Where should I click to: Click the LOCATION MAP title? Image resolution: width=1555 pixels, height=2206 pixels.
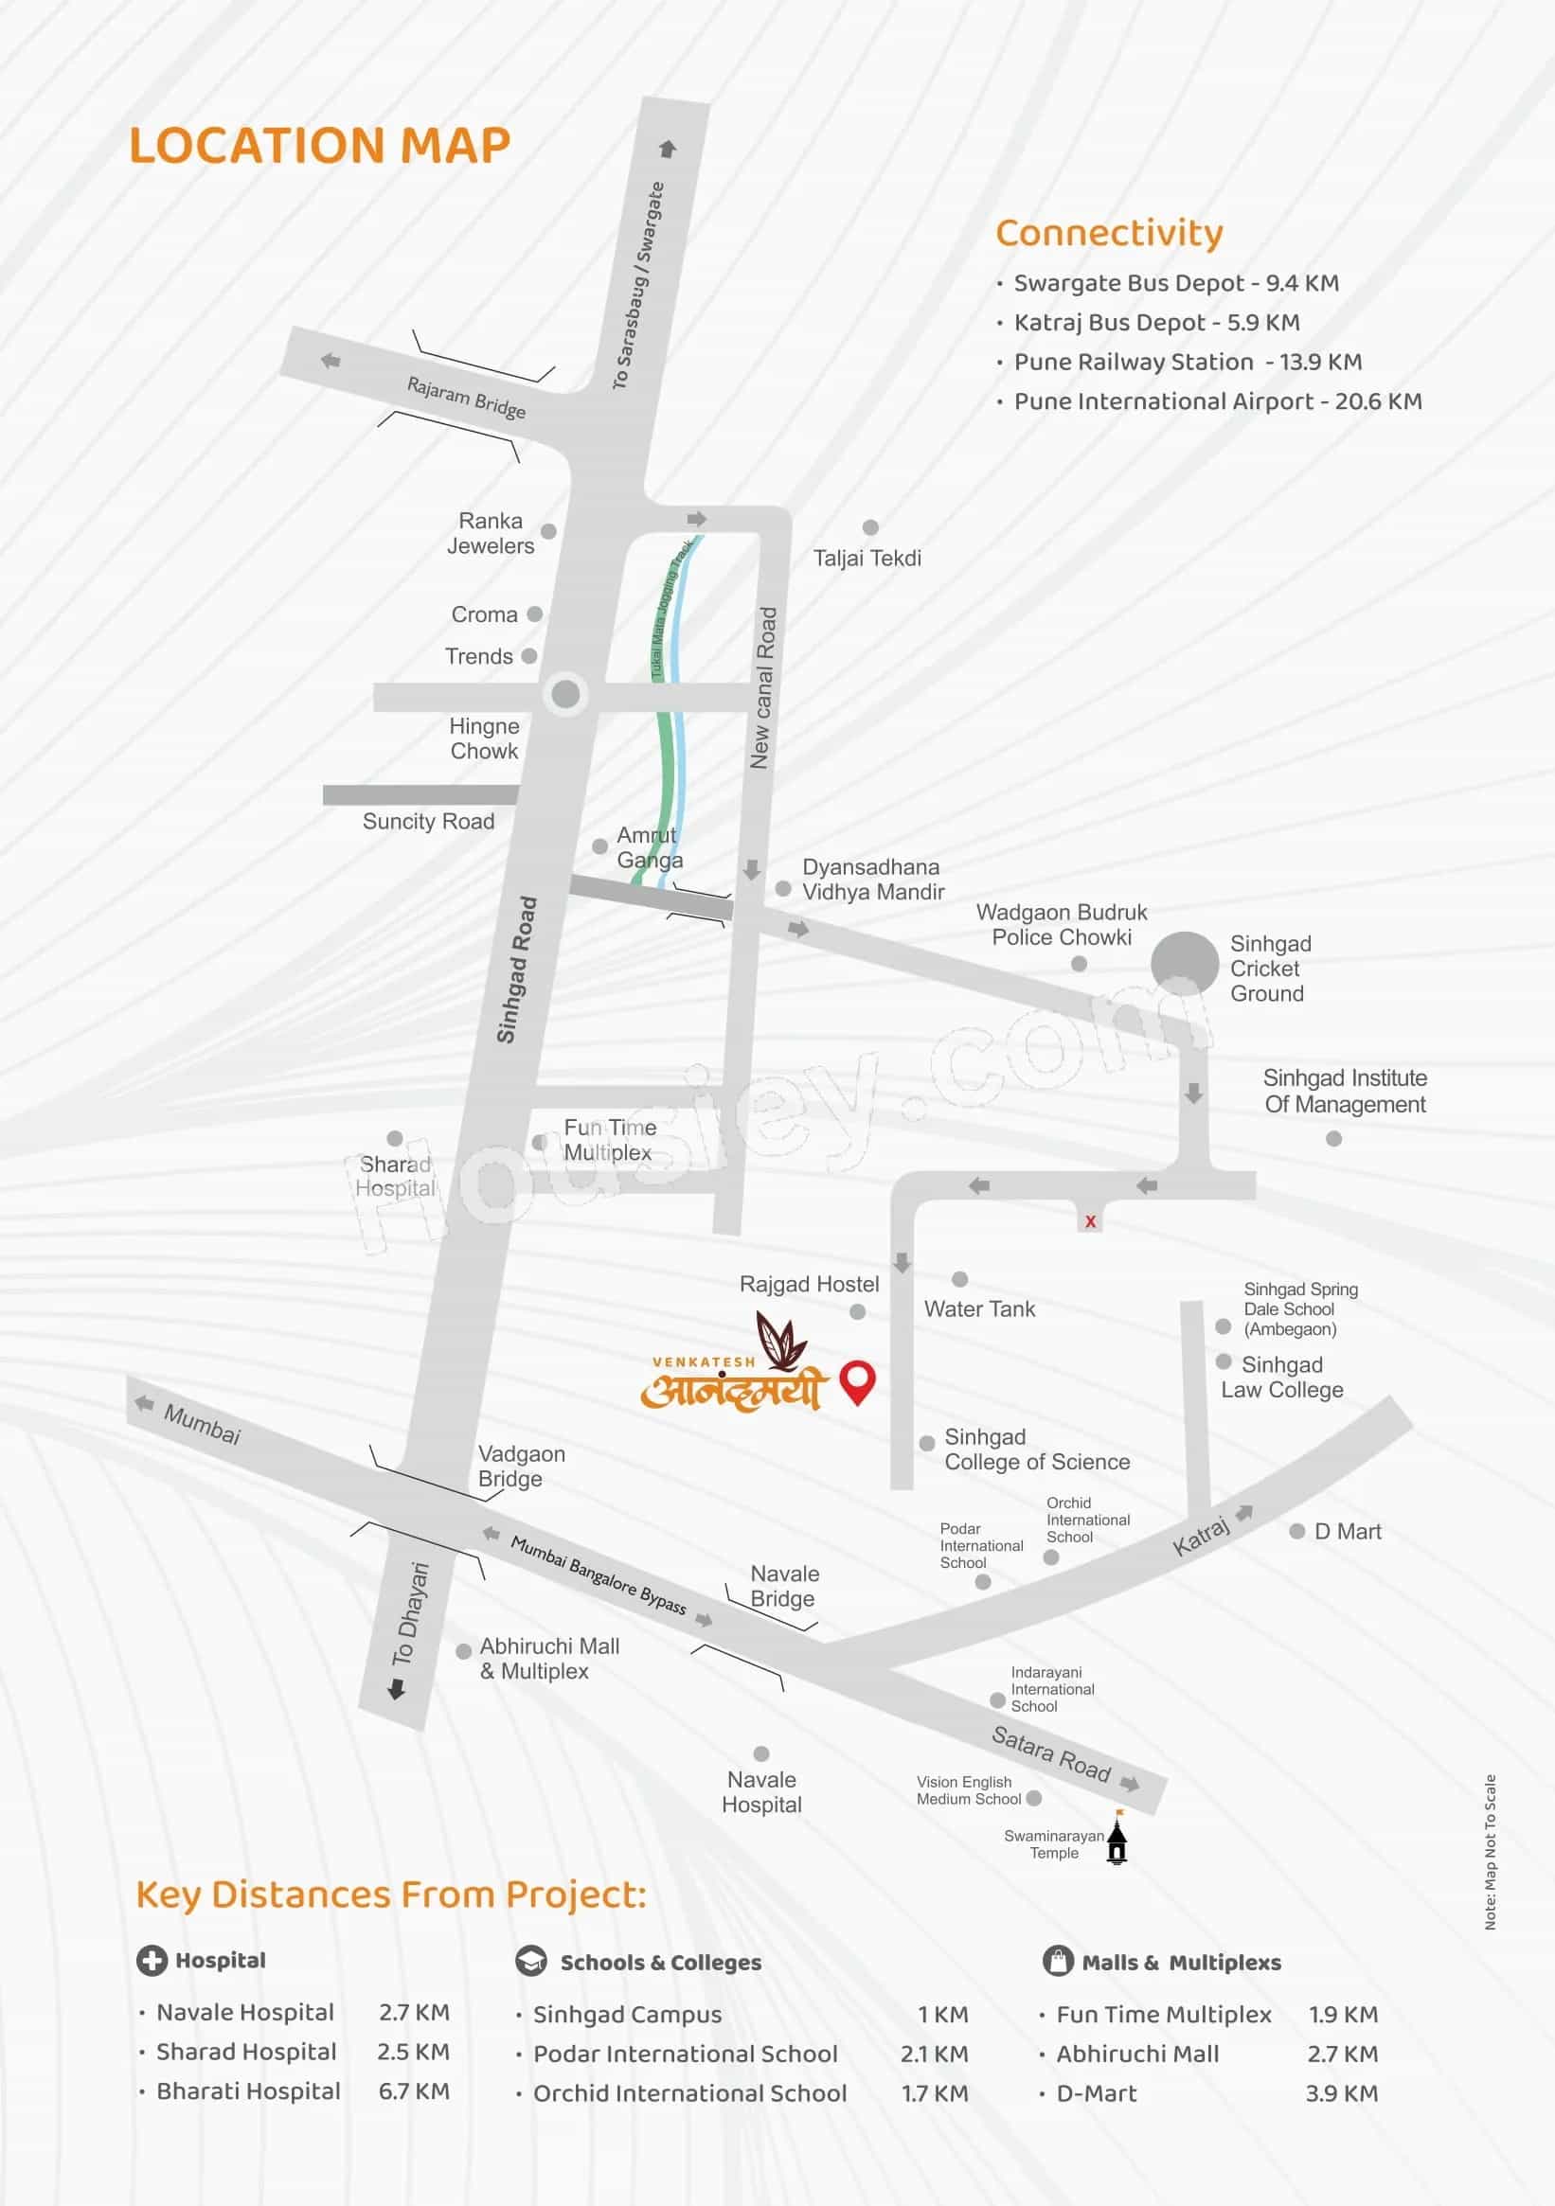319,146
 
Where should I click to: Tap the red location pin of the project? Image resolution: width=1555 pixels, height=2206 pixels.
856,1381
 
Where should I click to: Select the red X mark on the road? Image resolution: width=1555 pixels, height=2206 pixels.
1090,1221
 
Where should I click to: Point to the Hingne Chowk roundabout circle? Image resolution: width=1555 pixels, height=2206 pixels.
565,693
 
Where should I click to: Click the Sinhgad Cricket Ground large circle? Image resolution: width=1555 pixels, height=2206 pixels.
1184,965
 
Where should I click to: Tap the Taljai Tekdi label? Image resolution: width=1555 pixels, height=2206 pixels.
867,559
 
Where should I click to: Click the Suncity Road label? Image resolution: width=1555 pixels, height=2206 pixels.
428,822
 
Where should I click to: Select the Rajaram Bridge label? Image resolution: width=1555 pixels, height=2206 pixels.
466,398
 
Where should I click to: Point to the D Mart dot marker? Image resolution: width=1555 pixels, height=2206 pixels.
1296,1532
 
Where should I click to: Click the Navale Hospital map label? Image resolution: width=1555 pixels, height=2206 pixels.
761,1792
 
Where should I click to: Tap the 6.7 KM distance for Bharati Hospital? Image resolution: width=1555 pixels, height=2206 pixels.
413,2090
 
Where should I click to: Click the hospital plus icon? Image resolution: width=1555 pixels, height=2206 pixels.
152,1960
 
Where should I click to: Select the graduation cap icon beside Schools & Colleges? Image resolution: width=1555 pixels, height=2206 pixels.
530,1961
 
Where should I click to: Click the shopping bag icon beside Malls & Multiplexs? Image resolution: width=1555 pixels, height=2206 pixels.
1057,1960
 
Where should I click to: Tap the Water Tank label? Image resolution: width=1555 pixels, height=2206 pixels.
979,1308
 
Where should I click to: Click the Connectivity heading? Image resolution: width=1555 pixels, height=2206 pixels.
1109,234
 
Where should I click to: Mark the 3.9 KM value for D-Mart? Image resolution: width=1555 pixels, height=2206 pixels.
1341,2092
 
